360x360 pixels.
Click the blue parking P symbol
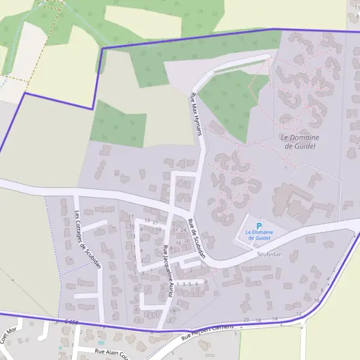259,226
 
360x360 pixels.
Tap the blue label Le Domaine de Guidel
259,235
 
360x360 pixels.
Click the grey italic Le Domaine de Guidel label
300,142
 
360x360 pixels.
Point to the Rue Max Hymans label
197,114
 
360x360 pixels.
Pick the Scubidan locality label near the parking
269,254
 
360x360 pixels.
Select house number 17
131,217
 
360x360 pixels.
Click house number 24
182,229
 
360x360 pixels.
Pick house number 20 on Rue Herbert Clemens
246,320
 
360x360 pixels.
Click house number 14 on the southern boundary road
275,319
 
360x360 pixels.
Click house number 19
146,221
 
